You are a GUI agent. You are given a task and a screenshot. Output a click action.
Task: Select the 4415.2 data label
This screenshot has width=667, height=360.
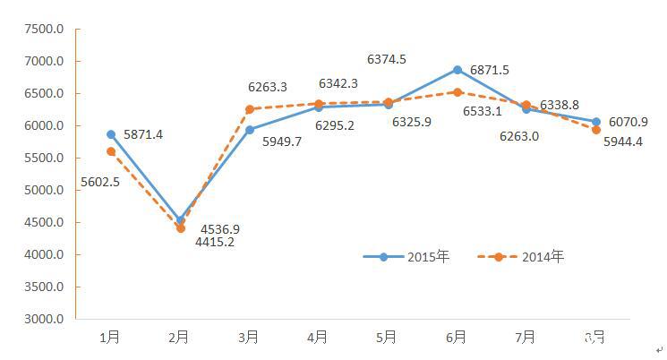(215, 242)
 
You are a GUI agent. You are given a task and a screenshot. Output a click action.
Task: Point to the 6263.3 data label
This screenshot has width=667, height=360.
(268, 88)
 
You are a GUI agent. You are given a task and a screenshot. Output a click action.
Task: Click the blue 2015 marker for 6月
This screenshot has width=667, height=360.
(457, 70)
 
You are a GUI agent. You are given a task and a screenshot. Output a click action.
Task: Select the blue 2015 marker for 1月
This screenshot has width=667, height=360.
(111, 134)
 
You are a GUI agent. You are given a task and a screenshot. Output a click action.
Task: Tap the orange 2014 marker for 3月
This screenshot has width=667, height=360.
(250, 109)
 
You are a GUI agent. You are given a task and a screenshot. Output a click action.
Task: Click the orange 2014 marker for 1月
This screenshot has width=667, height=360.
(111, 151)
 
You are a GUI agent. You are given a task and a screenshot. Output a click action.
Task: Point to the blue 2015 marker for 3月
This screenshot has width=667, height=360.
(250, 130)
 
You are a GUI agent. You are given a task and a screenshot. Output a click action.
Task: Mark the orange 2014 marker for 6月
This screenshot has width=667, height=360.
(457, 91)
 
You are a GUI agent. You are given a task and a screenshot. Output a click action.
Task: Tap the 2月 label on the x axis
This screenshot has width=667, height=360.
(179, 338)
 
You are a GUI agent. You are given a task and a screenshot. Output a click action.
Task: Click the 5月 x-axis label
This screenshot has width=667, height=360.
(387, 338)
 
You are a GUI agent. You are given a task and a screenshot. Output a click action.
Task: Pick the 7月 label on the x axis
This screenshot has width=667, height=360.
(526, 338)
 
